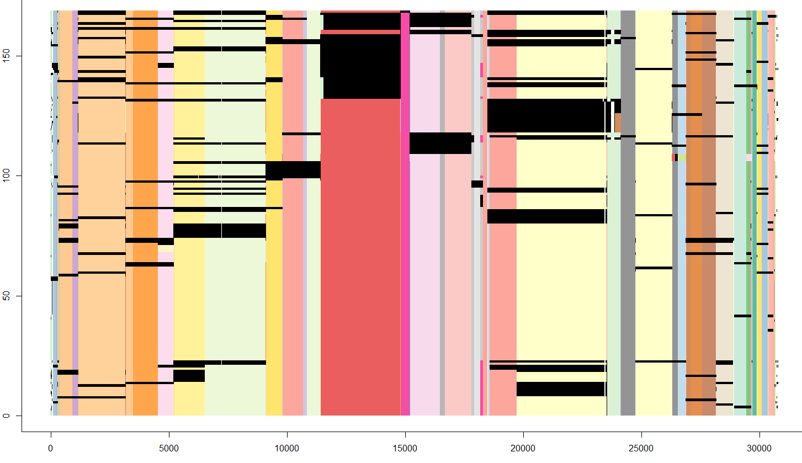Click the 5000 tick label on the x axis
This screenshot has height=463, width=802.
coord(169,449)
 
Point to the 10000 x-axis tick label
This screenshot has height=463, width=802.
coord(287,449)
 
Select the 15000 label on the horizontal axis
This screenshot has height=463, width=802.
coord(405,449)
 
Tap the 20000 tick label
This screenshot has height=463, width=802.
coord(523,449)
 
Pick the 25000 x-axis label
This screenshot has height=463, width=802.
coord(641,449)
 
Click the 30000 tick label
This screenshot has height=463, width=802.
coord(759,449)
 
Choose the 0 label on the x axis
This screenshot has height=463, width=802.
coord(51,449)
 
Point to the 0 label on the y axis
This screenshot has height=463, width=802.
coord(7,416)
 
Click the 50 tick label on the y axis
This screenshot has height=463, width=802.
coord(7,296)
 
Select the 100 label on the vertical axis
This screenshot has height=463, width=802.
coord(7,176)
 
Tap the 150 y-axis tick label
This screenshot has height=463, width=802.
coord(7,56)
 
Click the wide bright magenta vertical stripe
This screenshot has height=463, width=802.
coord(405,221)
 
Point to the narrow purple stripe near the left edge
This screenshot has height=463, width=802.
coord(75,221)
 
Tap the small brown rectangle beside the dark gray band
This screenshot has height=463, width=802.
coord(618,122)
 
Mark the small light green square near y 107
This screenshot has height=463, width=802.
coord(682,157)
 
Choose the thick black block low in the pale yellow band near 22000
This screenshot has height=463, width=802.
coord(561,389)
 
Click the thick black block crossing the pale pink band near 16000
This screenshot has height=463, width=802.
coord(440,143)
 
